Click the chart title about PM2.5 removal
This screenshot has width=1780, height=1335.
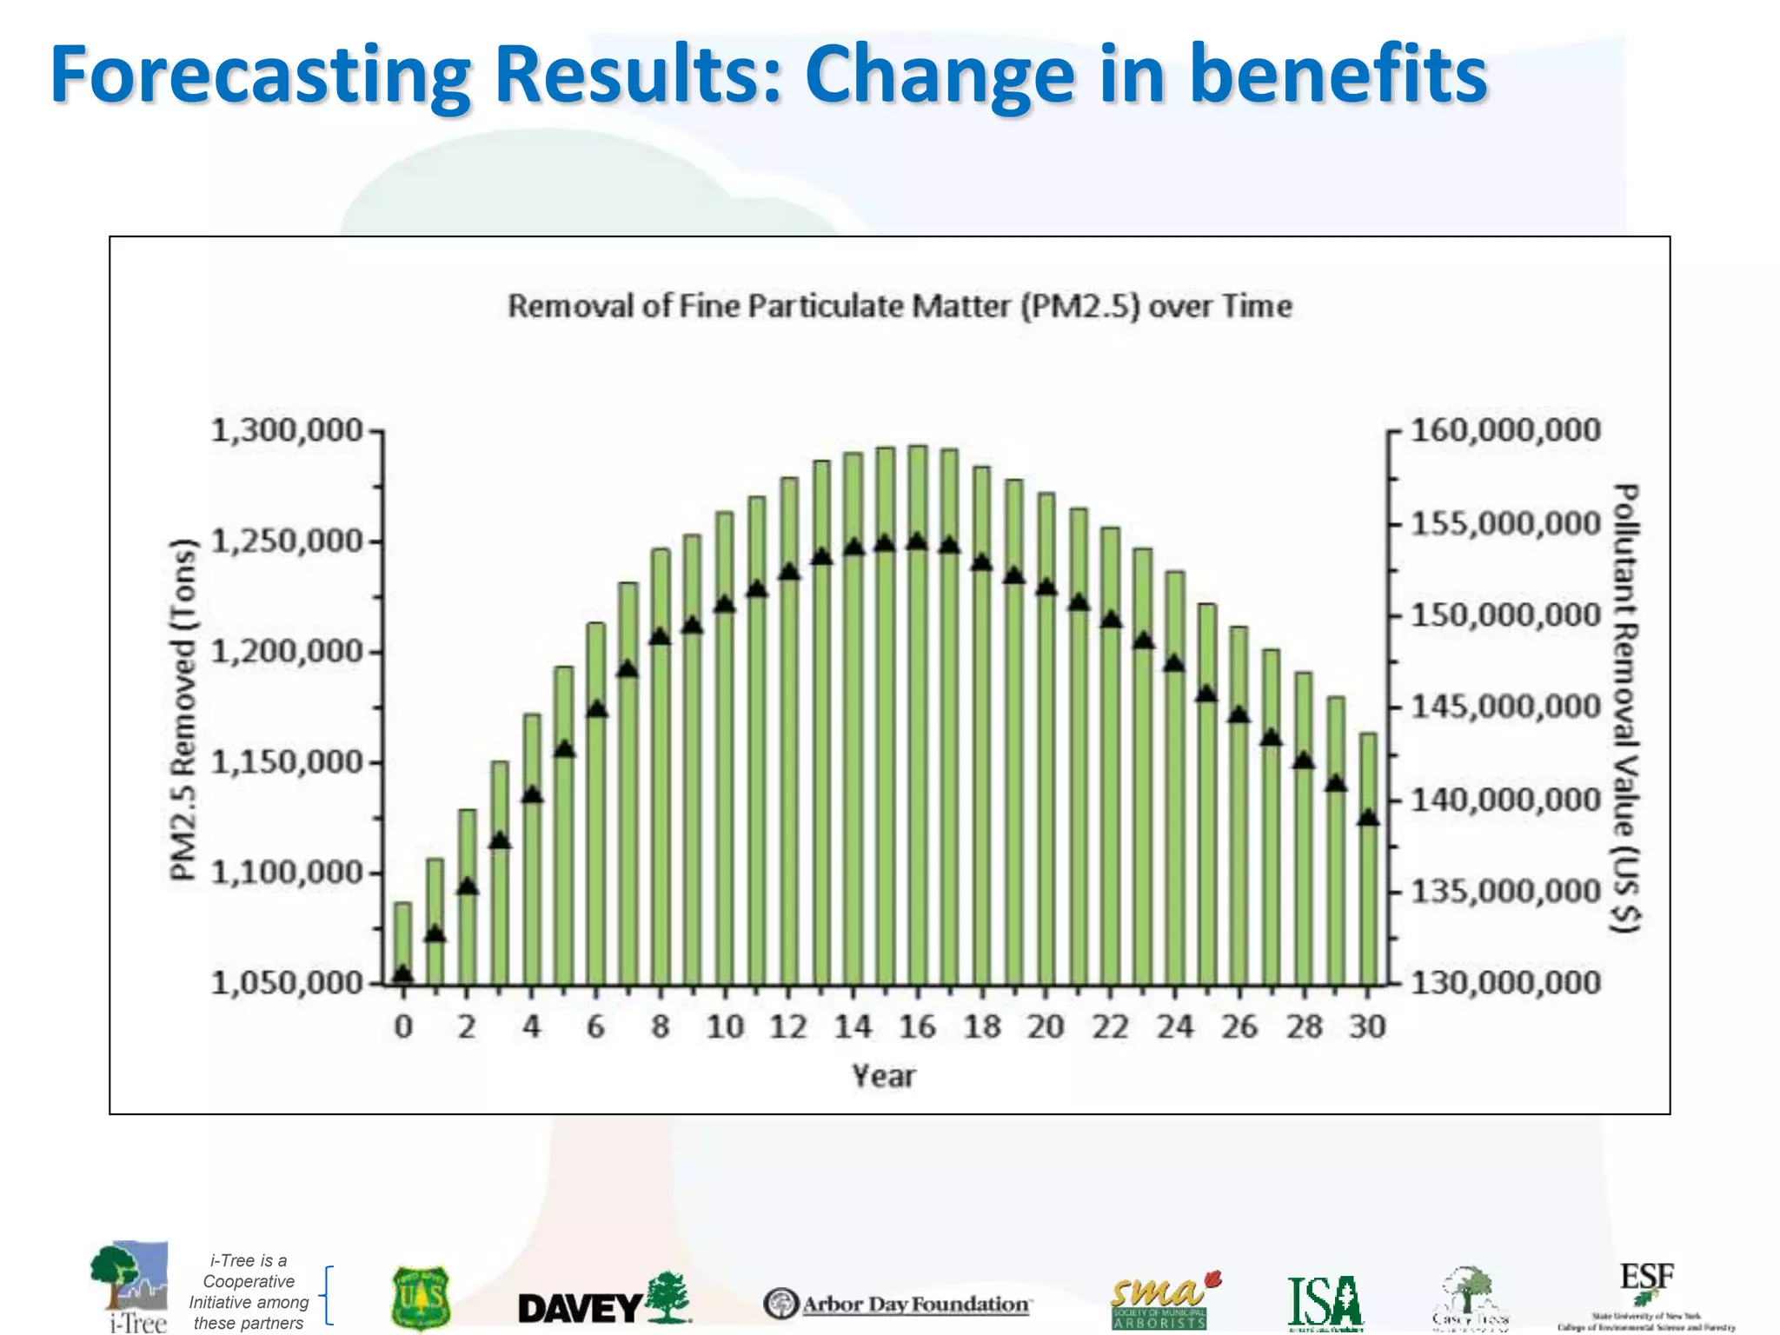900,306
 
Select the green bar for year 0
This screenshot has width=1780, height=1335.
402,943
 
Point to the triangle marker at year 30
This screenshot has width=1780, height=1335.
1368,818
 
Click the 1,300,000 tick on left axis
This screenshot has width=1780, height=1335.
287,430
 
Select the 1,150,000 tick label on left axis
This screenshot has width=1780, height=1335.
287,762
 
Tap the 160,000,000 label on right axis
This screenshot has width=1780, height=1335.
1504,429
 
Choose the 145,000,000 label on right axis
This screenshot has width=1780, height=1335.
1504,707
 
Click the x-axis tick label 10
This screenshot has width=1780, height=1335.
725,1027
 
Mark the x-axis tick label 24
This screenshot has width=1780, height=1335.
1175,1027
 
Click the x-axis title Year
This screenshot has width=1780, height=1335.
883,1076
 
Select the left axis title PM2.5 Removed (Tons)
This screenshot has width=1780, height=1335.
183,708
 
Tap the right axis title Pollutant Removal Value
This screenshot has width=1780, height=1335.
1625,708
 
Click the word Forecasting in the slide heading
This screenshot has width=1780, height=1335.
261,76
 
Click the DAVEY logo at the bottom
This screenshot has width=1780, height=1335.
603,1303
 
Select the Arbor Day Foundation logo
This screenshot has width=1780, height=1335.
898,1304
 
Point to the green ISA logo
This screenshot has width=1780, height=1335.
1325,1303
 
